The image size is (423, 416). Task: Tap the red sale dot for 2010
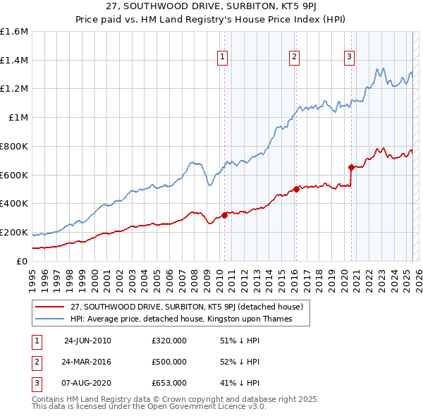(x=225, y=215)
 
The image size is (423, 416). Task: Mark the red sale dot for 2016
(x=296, y=189)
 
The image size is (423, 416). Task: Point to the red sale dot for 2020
(x=350, y=167)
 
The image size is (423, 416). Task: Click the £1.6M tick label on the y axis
(x=14, y=32)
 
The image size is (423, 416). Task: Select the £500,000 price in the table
(x=169, y=362)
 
